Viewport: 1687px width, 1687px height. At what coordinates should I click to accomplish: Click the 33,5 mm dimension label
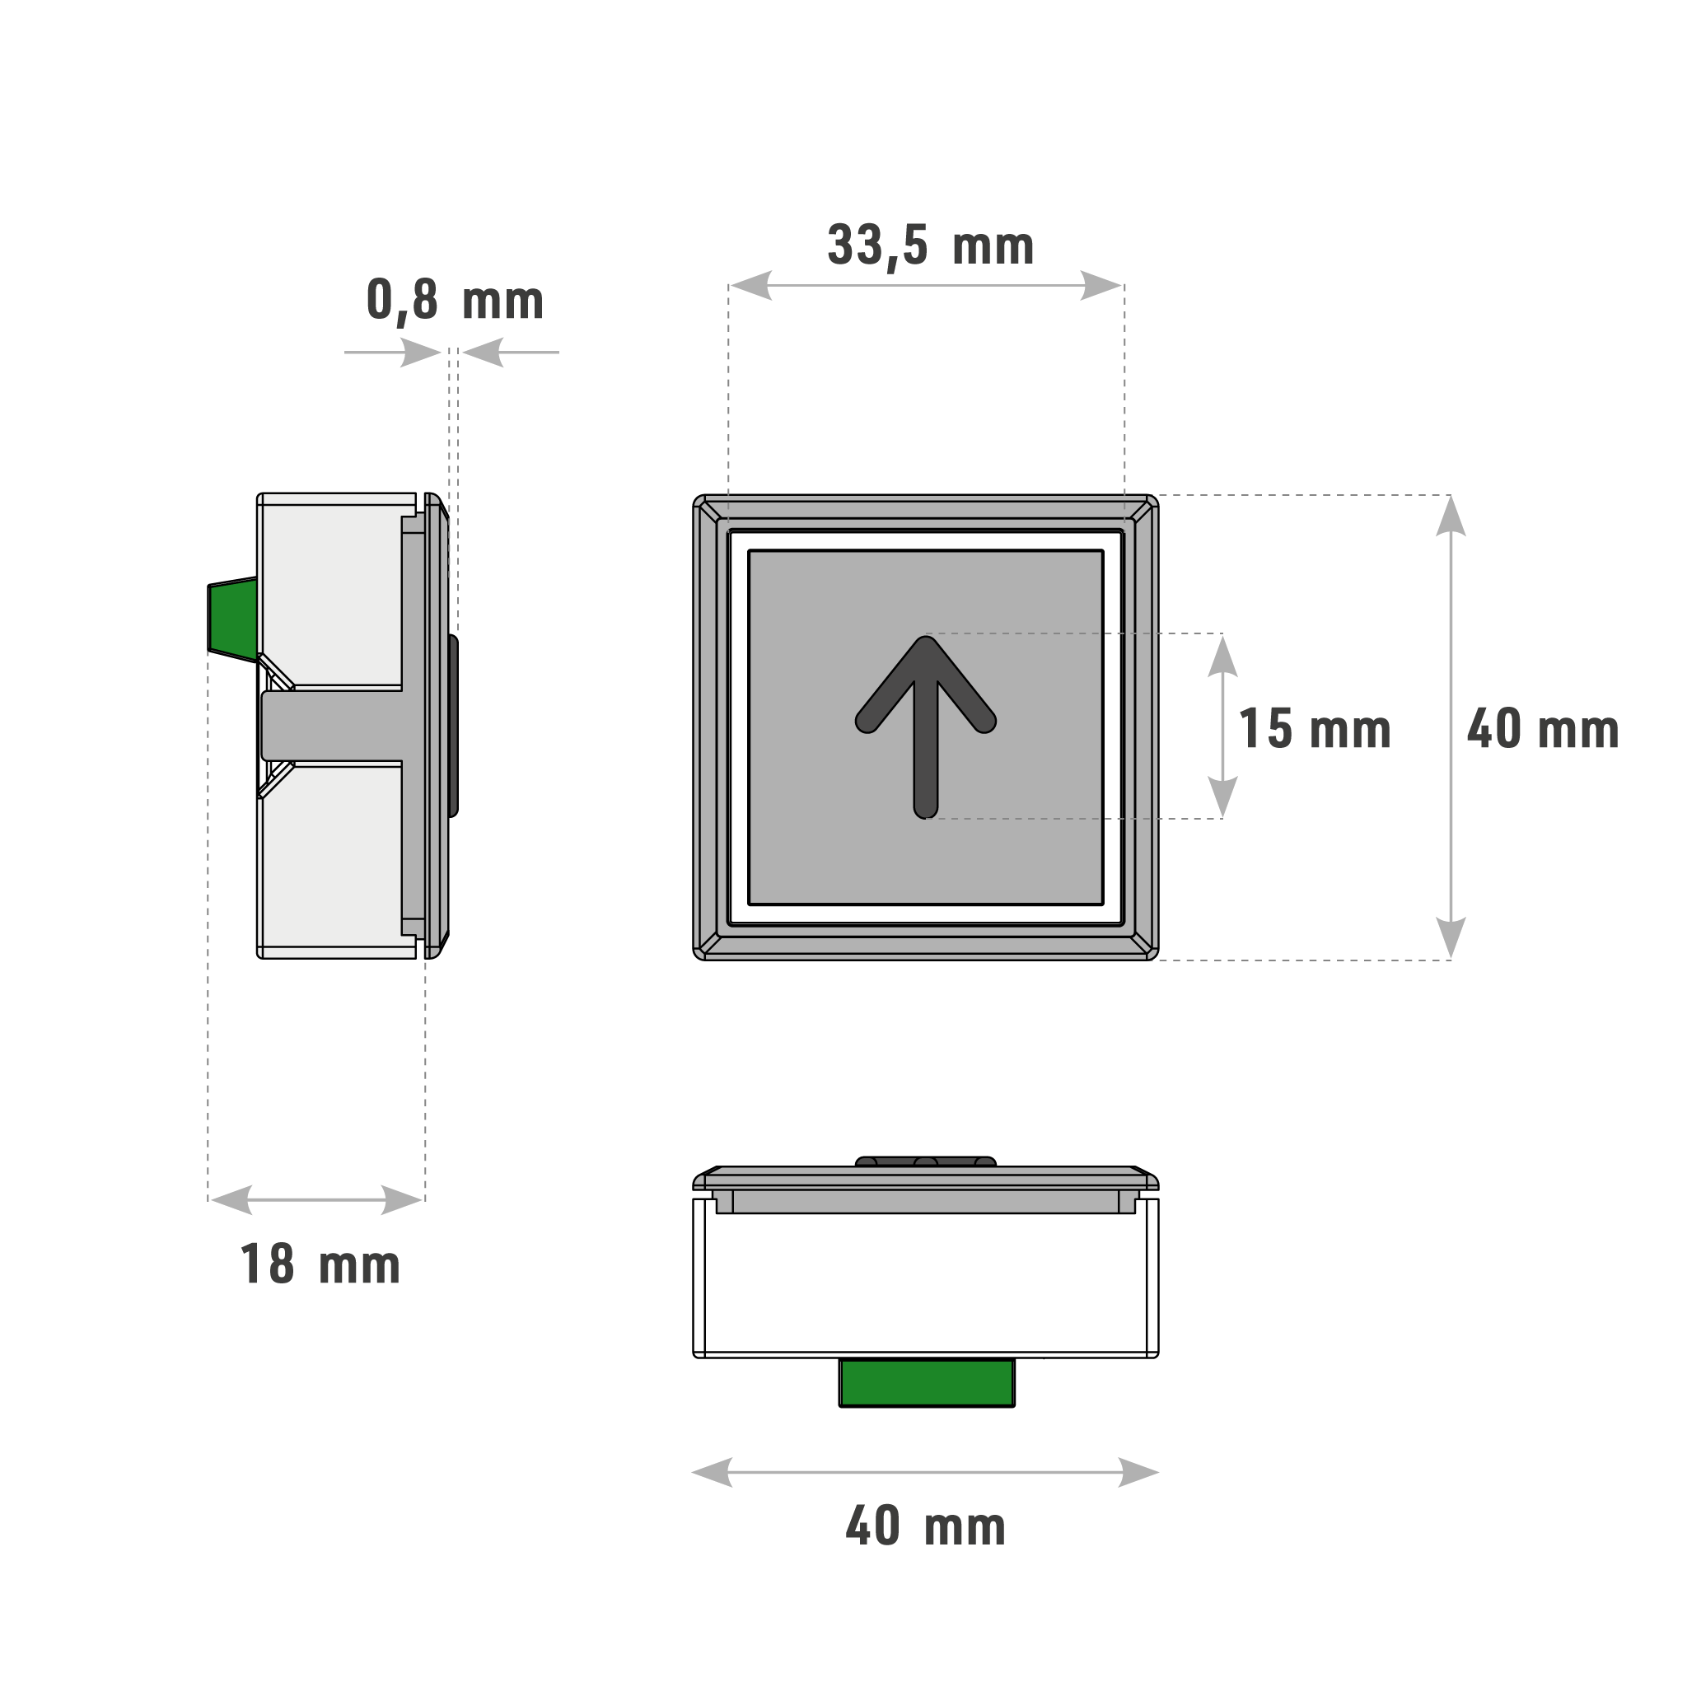pos(930,245)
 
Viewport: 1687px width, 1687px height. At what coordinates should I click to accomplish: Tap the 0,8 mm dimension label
pos(454,301)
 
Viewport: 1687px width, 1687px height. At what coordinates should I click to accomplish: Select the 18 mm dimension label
pos(320,1265)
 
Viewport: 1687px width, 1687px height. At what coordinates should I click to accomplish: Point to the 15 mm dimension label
pos(1314,729)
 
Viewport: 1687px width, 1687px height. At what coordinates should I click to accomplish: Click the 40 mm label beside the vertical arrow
pos(1542,729)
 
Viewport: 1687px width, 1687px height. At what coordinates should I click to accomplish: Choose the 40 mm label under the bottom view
pos(926,1526)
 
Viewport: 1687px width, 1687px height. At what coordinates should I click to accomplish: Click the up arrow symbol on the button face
pos(926,725)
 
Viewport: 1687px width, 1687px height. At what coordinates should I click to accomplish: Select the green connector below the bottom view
pos(927,1383)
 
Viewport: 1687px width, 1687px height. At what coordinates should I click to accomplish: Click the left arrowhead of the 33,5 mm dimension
pos(751,286)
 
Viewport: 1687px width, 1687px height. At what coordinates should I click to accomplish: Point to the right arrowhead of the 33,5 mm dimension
pos(1101,286)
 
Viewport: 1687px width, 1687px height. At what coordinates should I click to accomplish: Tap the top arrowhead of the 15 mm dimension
pos(1222,656)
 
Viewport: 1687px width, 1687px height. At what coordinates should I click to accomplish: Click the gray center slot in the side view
pos(332,725)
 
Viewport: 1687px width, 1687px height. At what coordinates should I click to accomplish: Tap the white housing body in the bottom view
pos(926,1283)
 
